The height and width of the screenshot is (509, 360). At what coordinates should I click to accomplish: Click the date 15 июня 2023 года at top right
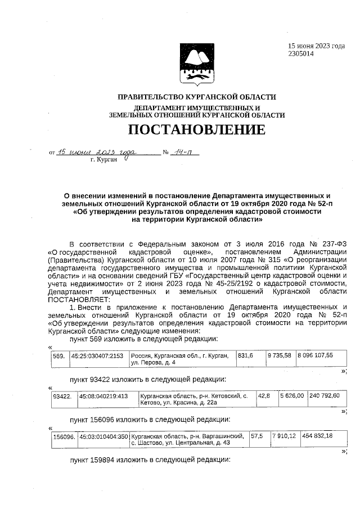pyautogui.click(x=316, y=46)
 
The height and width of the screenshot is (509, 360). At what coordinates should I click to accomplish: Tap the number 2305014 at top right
pyautogui.click(x=301, y=54)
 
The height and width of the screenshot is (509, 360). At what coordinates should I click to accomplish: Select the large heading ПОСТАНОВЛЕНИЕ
pyautogui.click(x=196, y=130)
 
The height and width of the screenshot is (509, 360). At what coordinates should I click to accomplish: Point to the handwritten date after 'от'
pyautogui.click(x=97, y=152)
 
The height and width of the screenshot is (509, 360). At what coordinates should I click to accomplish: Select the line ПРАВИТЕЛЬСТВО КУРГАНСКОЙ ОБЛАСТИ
pyautogui.click(x=196, y=97)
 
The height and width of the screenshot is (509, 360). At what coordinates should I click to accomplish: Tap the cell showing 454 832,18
pyautogui.click(x=317, y=436)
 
